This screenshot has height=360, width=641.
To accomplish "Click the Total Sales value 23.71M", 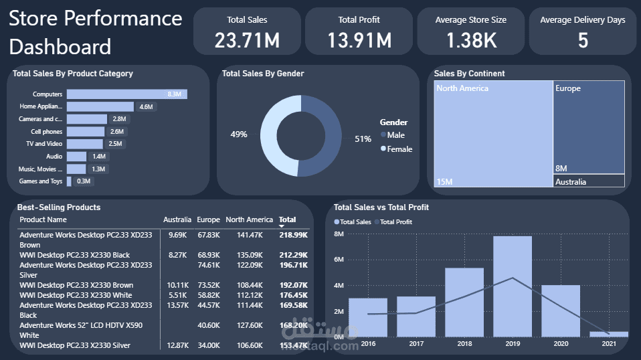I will [x=247, y=41].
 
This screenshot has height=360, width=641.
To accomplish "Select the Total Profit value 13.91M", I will [x=359, y=41].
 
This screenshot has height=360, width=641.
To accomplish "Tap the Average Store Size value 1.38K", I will [x=471, y=41].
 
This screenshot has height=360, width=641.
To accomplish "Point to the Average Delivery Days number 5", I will [x=583, y=41].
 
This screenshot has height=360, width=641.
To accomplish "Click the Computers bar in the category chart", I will [x=127, y=94].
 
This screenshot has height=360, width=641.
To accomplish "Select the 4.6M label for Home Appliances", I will [x=146, y=106].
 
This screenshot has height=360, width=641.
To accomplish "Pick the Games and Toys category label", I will [x=41, y=181].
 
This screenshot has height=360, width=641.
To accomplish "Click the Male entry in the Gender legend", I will [x=395, y=135].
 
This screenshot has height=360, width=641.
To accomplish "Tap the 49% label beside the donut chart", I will [x=239, y=134].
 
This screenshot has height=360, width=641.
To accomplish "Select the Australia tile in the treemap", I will [x=589, y=181].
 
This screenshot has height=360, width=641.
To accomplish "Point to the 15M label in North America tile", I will [x=445, y=181].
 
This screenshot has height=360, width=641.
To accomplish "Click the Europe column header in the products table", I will [x=208, y=219].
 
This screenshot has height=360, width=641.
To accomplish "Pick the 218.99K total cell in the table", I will [x=293, y=235].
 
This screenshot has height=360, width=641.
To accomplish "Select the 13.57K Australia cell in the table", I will [x=177, y=305].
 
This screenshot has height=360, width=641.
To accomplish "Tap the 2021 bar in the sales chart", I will [x=609, y=333].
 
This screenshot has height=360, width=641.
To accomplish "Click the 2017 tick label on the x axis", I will [x=416, y=343].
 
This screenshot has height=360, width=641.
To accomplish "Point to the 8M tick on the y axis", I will [x=339, y=234].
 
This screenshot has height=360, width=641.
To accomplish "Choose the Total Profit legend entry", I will [x=395, y=221].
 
